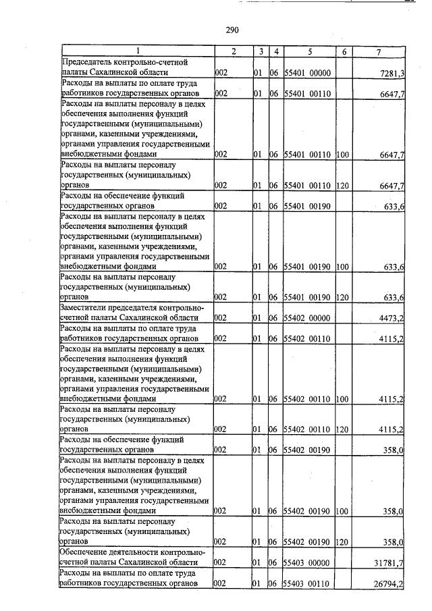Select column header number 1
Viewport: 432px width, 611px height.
tap(137, 51)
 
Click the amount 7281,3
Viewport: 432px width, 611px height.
tap(392, 72)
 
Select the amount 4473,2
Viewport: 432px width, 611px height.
tap(392, 318)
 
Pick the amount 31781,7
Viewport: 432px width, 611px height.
tap(390, 562)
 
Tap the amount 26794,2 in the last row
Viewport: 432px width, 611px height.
tap(390, 583)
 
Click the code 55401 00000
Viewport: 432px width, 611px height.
tap(307, 72)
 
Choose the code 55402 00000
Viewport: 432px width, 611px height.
tap(307, 318)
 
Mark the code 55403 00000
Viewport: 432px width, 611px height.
tap(307, 562)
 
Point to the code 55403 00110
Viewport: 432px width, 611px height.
tap(307, 583)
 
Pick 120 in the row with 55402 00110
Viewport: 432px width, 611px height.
tap(342, 429)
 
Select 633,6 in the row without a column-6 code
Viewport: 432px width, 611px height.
tap(394, 207)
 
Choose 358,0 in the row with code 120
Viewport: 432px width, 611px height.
tap(394, 541)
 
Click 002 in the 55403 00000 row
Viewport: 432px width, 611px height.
tap(220, 562)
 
